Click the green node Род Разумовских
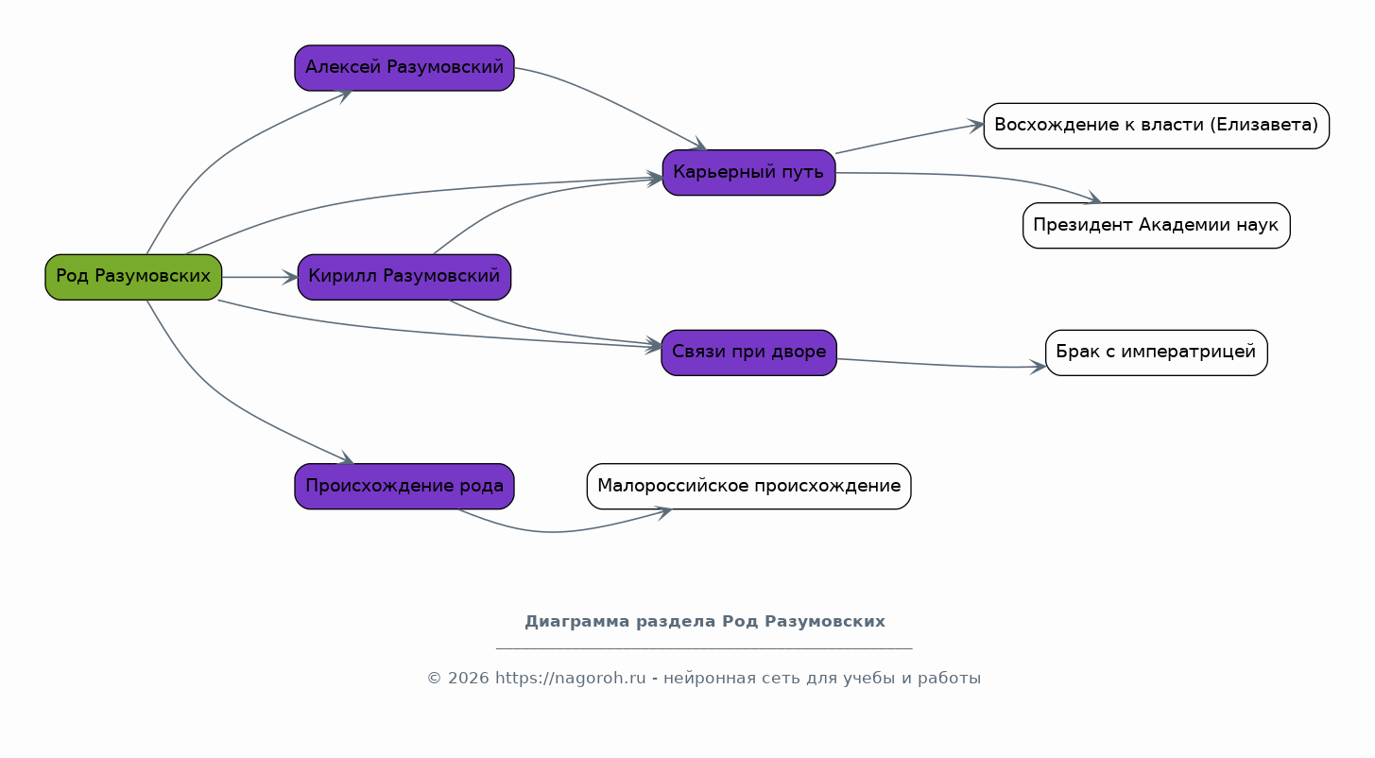point(133,277)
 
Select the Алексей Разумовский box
point(404,67)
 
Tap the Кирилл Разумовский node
point(404,277)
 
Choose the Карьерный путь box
point(748,172)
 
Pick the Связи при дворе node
point(748,353)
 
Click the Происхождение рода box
point(404,486)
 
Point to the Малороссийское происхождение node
point(748,486)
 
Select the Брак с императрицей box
point(1156,353)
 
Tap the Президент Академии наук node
point(1156,225)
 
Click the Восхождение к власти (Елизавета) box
point(1156,126)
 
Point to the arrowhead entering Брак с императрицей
point(1039,367)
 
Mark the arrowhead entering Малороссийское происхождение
point(664,512)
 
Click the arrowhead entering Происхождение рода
point(347,458)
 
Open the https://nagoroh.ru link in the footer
point(570,679)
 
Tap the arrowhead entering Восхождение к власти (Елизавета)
point(976,126)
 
